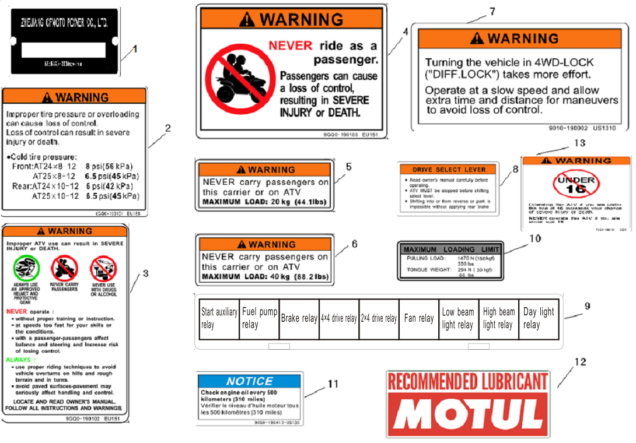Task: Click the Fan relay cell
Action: click(x=418, y=318)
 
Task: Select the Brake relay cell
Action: click(x=299, y=318)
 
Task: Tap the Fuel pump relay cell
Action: click(x=259, y=318)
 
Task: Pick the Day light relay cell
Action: click(x=539, y=318)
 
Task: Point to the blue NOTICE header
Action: click(x=249, y=381)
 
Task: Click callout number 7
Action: click(x=492, y=12)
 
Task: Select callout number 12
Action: click(x=580, y=362)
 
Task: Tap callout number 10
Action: click(x=535, y=238)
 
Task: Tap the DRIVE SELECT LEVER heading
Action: click(x=449, y=170)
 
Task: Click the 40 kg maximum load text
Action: click(x=264, y=276)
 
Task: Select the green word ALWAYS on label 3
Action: click(x=19, y=360)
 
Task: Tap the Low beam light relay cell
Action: click(x=458, y=318)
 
